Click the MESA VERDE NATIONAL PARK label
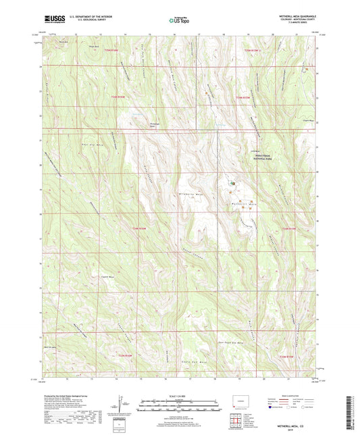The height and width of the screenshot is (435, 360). point(248,155)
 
